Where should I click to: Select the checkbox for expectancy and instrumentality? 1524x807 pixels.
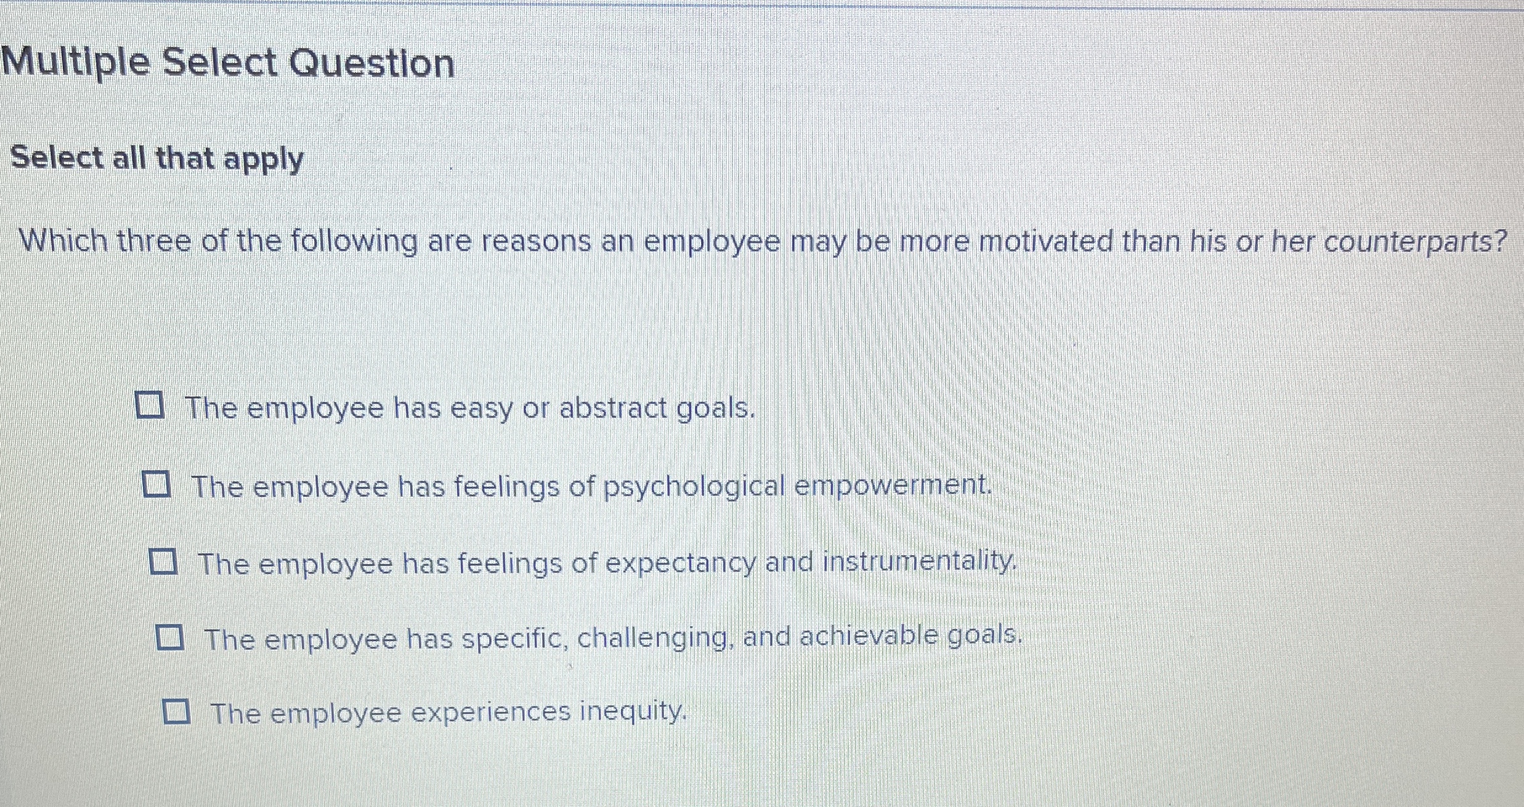pos(164,562)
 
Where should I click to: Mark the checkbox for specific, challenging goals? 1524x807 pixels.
pos(170,638)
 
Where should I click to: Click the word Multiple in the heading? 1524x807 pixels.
pos(76,62)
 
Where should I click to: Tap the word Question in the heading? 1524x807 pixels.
pos(372,63)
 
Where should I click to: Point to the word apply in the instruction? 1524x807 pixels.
pos(264,159)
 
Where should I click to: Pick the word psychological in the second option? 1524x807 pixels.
pos(694,487)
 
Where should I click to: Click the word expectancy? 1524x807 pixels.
pos(680,563)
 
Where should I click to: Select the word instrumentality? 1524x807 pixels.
pos(918,561)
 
